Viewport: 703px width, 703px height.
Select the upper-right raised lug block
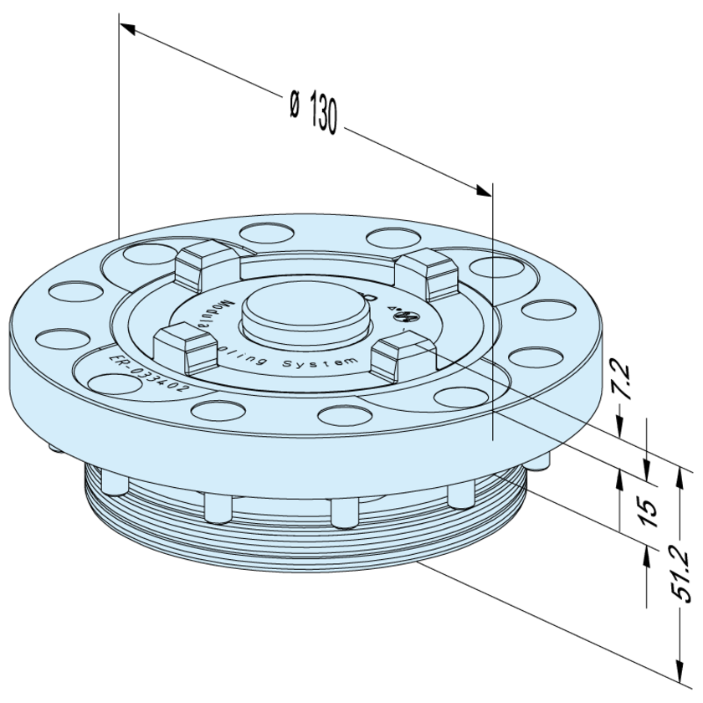[427, 269]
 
